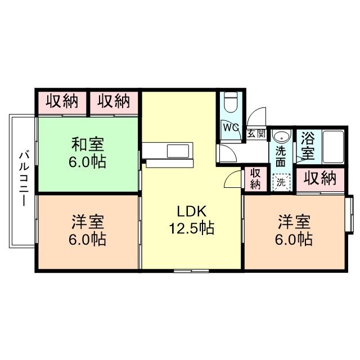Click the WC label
coord(230,127)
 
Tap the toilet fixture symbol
coord(230,103)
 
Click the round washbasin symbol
coord(280,137)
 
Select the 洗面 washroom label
coord(281,156)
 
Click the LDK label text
coord(193,211)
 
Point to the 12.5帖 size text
coord(193,229)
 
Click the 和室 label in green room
coord(87,145)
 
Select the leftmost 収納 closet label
coord(61,101)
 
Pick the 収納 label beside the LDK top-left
coord(114,101)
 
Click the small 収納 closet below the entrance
coord(255,179)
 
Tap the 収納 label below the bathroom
coord(320,179)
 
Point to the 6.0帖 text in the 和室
coord(87,163)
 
